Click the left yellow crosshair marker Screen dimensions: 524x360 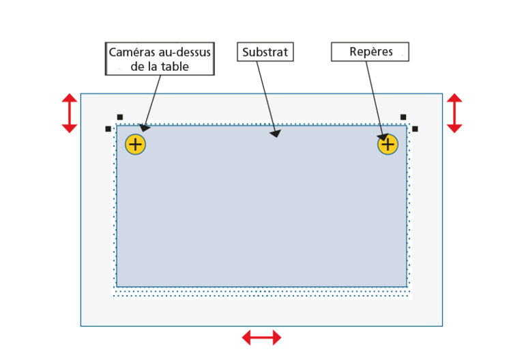tap(135, 145)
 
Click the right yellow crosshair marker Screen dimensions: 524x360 tap(388, 145)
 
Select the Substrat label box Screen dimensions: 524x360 tap(265, 52)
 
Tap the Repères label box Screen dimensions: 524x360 tap(370, 52)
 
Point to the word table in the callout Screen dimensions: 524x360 tap(175, 66)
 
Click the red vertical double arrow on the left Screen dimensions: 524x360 tap(70, 113)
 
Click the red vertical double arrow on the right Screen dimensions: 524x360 tap(454, 113)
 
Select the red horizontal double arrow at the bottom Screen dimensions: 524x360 tap(262, 337)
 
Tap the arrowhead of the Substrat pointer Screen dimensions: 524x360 tap(276, 134)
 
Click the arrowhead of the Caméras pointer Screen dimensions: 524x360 tap(144, 128)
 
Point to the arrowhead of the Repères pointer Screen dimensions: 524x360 tap(383, 137)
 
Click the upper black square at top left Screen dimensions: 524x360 tap(120, 117)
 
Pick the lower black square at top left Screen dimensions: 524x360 tap(108, 129)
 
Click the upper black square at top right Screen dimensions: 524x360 tap(403, 117)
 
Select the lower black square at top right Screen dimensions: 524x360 tap(415, 129)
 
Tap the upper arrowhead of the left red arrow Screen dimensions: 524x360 tap(70, 97)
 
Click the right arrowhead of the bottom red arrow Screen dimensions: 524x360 tap(277, 337)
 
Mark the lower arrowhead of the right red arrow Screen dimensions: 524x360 tap(454, 129)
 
